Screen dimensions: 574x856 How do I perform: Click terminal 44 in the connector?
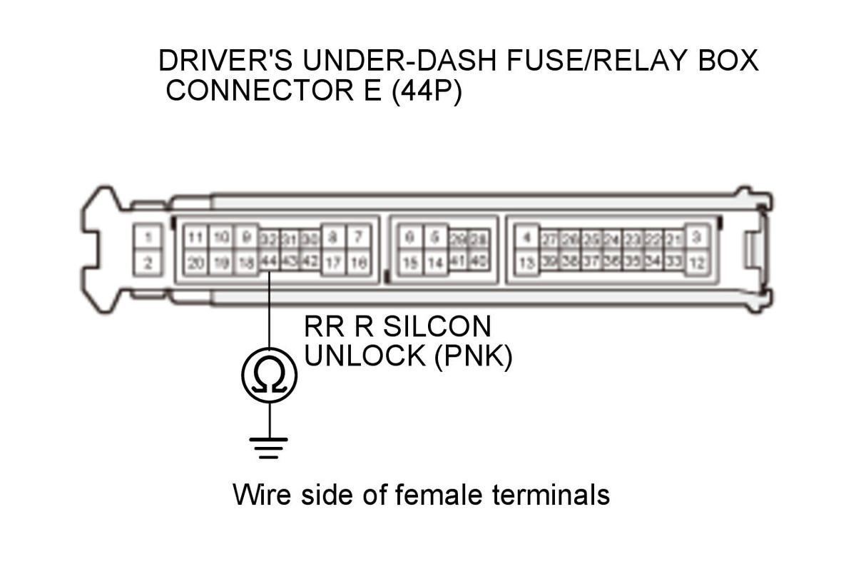click(x=269, y=261)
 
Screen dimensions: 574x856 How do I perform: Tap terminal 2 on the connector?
click(x=147, y=263)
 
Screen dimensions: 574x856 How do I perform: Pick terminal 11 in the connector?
click(x=195, y=236)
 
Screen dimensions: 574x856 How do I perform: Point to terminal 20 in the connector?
click(x=195, y=263)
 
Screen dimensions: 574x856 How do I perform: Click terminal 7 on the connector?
click(x=358, y=236)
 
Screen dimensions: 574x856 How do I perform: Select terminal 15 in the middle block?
click(x=409, y=263)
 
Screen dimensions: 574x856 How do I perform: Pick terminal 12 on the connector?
click(x=698, y=263)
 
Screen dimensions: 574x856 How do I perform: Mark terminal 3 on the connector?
click(x=698, y=236)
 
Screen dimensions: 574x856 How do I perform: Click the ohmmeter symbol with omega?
click(x=269, y=375)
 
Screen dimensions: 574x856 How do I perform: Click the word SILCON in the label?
click(x=437, y=327)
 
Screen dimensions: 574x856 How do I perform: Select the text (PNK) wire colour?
click(x=474, y=357)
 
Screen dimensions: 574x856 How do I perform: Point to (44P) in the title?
click(x=426, y=92)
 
